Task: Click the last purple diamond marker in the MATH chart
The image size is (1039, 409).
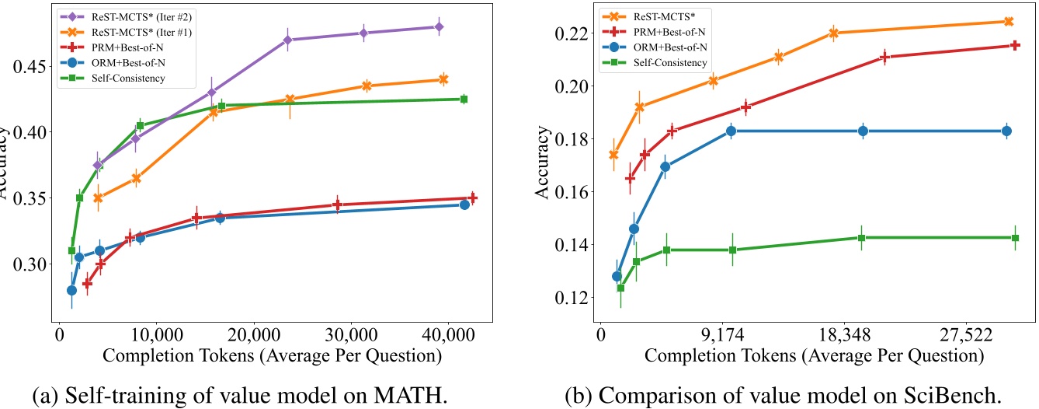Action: [439, 26]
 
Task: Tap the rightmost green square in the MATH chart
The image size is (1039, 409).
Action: [464, 99]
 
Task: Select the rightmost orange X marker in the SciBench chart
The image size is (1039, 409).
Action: [1008, 22]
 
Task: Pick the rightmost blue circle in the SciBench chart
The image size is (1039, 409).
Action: [1006, 131]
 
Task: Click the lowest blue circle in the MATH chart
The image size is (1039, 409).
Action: [71, 290]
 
